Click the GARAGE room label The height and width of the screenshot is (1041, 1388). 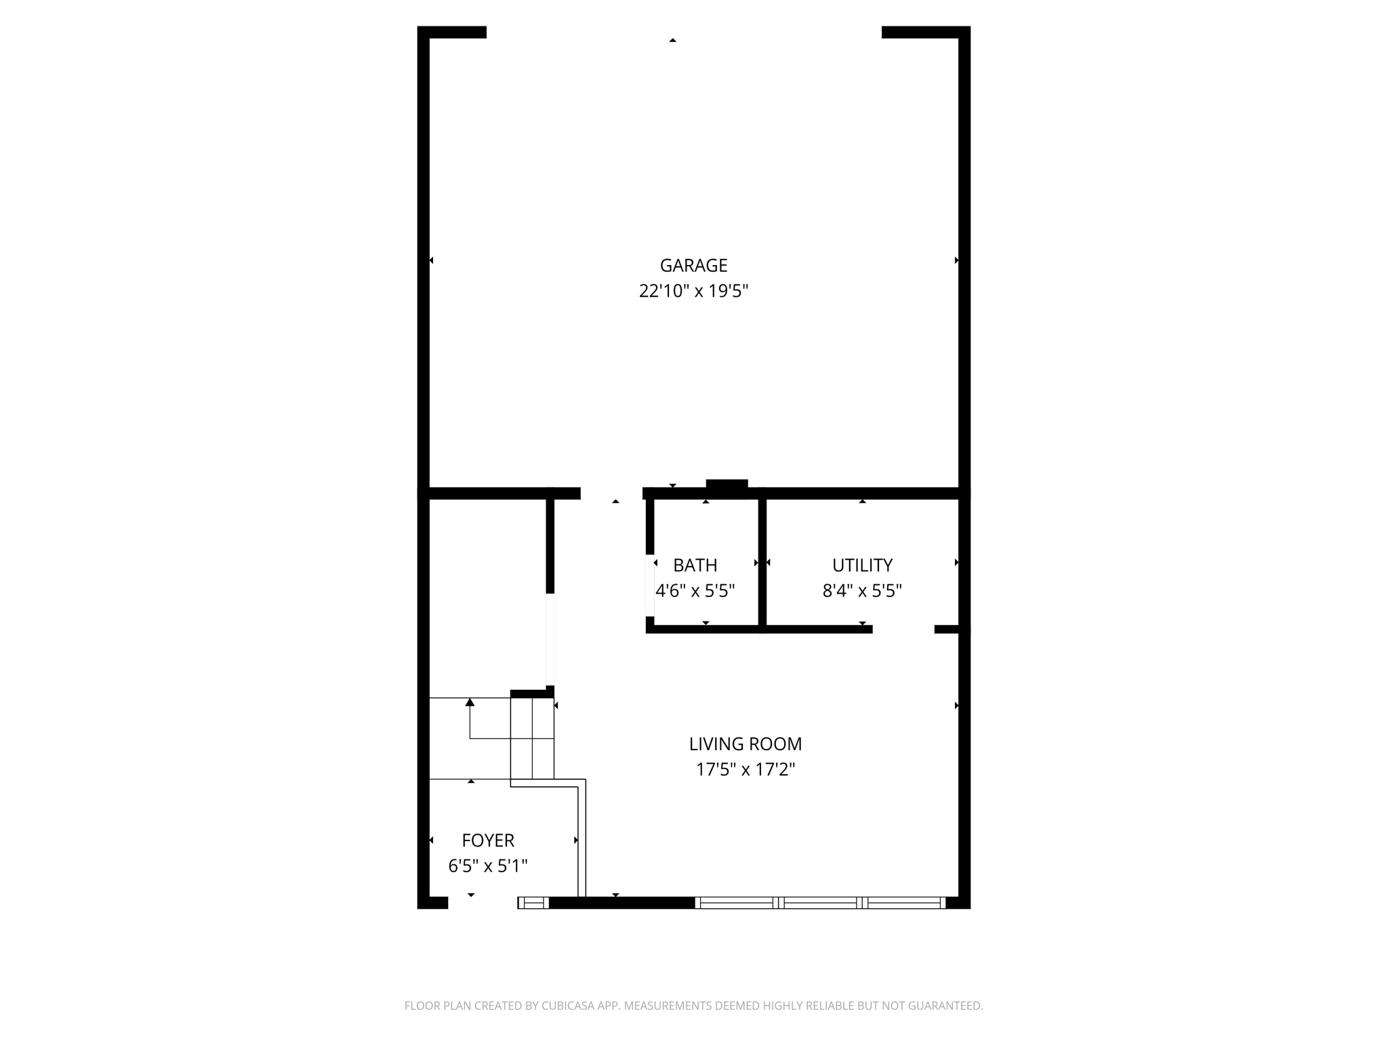coord(693,265)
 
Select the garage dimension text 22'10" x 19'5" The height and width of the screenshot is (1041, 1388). coord(693,291)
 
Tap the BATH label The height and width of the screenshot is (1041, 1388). coord(695,565)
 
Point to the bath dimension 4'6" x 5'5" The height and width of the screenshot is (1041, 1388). coord(695,591)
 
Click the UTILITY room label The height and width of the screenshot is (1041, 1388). coord(862,565)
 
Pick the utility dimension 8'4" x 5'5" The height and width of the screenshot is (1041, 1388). coord(862,591)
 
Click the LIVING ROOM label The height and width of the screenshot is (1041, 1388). coord(746,744)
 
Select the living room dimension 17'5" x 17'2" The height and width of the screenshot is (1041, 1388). coord(746,770)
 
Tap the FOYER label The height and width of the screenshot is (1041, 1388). coord(488,840)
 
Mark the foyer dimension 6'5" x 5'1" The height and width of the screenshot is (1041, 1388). coord(488,866)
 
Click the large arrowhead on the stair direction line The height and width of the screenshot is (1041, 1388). coord(470,702)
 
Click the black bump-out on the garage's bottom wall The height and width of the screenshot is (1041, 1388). coord(727,485)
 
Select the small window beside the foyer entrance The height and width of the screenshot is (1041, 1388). coord(533,903)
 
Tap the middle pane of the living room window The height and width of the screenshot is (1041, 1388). coord(820,903)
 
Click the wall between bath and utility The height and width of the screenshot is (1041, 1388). coord(762,563)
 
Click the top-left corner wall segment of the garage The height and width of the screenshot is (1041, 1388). coord(452,32)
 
